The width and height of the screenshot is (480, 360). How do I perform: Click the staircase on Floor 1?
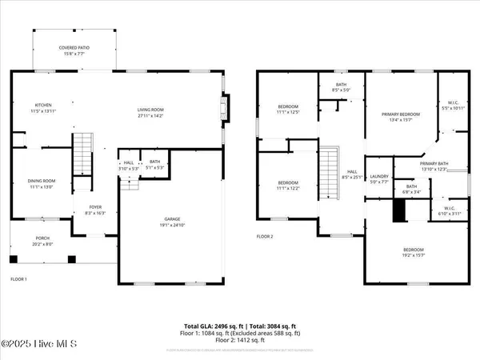pos(83,154)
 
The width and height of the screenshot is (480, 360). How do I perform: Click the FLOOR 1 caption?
pos(19,279)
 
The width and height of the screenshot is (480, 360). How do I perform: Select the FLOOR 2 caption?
pos(265,237)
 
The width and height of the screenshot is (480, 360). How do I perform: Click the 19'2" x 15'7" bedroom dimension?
pos(414,256)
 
